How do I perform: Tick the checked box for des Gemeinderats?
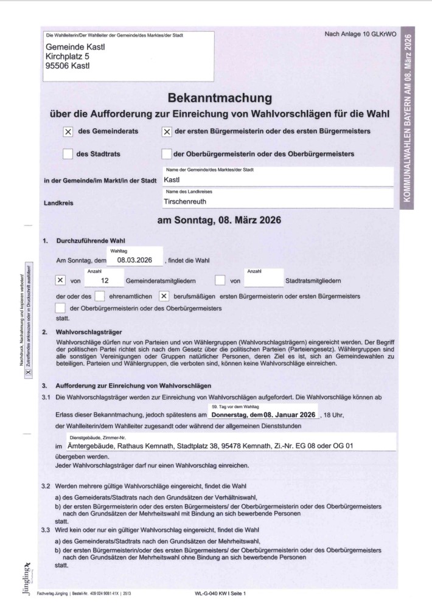pyautogui.click(x=68, y=131)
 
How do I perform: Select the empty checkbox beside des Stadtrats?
pyautogui.click(x=68, y=154)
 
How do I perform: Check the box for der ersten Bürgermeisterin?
pyautogui.click(x=166, y=131)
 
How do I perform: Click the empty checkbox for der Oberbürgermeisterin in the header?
pyautogui.click(x=166, y=154)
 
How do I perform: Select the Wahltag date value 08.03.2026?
pyautogui.click(x=135, y=260)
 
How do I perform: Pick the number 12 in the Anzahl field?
pyautogui.click(x=105, y=280)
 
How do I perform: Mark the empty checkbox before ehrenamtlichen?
pyautogui.click(x=100, y=296)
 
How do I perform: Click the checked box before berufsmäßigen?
pyautogui.click(x=164, y=296)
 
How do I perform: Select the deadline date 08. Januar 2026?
pyautogui.click(x=291, y=414)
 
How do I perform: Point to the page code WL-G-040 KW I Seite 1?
pyautogui.click(x=221, y=592)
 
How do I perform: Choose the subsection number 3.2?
pyautogui.click(x=46, y=487)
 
